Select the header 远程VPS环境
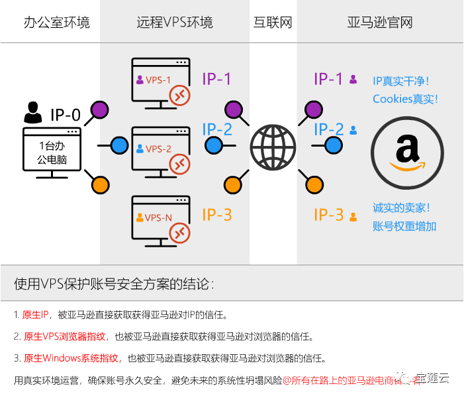175,23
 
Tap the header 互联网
273,23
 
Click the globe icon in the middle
273,145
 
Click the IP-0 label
66,115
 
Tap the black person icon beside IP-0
32,113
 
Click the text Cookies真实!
405,99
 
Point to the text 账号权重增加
404,226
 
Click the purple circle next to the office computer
100,108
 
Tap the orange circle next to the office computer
100,182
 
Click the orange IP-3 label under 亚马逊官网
328,215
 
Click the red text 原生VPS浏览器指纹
71,336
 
